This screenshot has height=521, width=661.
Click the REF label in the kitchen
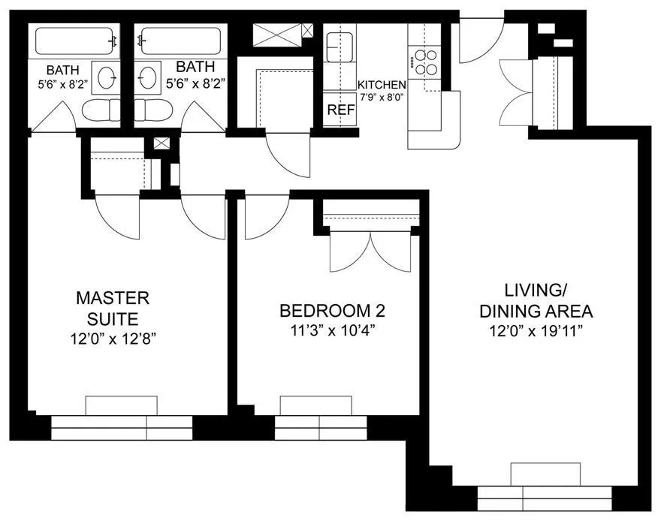340,110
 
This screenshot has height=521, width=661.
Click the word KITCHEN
382,85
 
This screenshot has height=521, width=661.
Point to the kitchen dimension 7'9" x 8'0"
382,97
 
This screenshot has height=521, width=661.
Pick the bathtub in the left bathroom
76,40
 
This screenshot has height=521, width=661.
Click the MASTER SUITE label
113,308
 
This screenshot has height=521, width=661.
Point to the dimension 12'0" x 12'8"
113,339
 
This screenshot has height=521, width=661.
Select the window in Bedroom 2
319,427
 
